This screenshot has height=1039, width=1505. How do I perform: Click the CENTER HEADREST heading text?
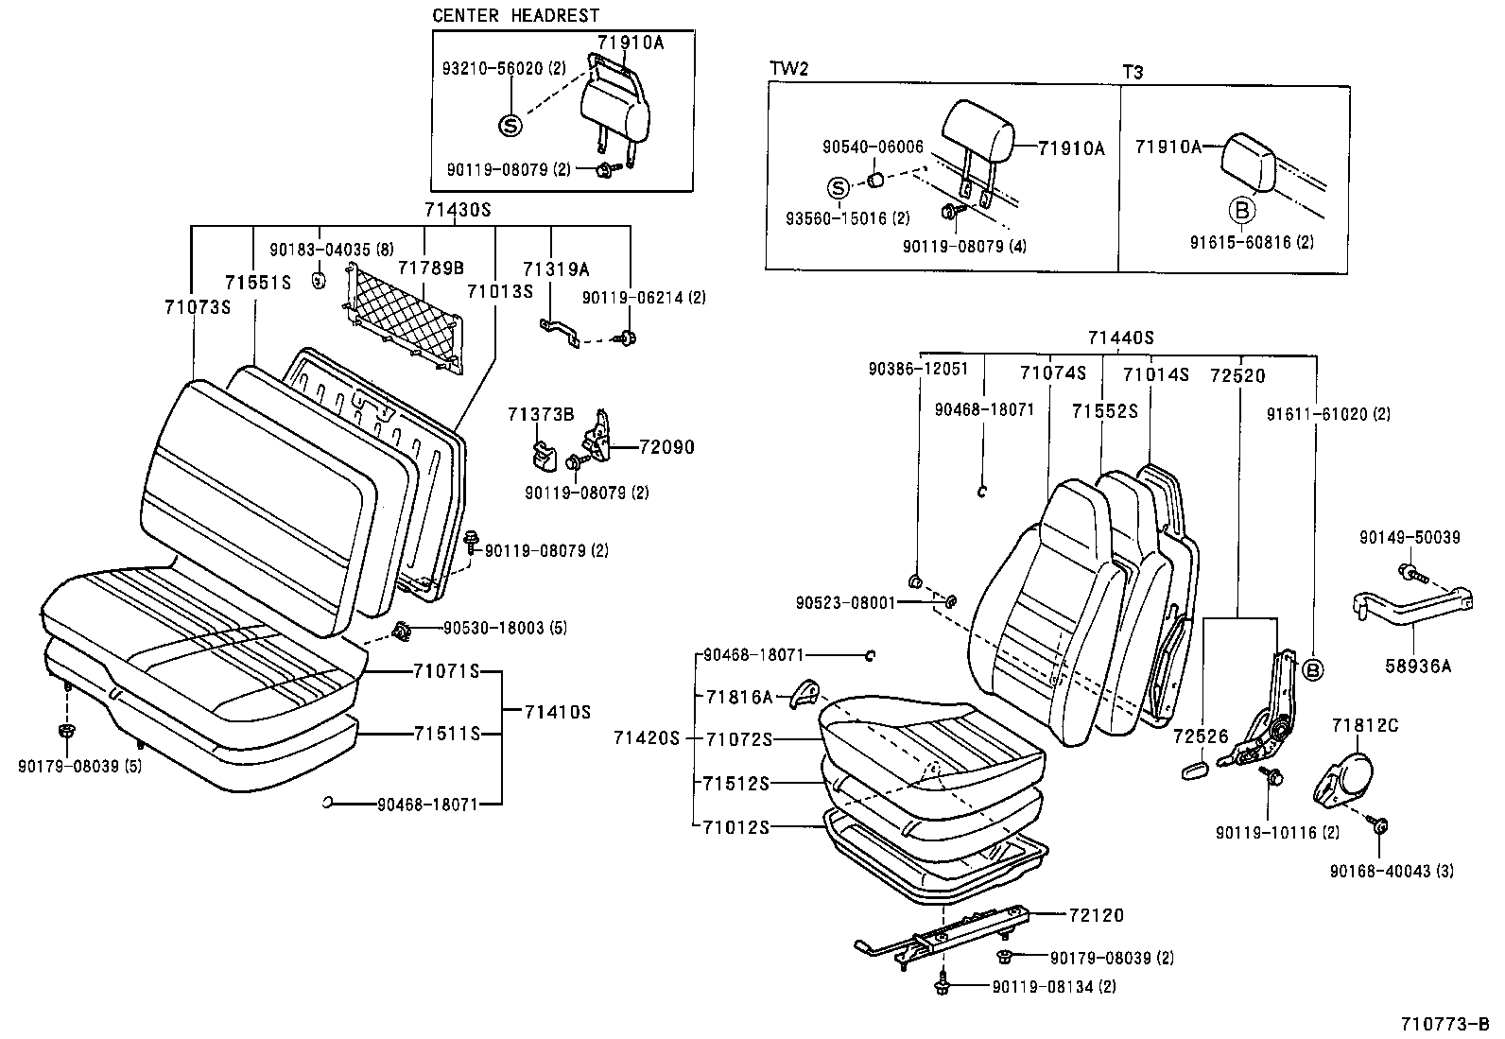(515, 15)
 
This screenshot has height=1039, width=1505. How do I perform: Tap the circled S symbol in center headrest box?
(510, 125)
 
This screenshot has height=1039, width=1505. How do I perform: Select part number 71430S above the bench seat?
(458, 210)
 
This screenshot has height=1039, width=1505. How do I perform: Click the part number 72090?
(666, 446)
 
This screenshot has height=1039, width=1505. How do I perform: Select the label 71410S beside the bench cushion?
(558, 712)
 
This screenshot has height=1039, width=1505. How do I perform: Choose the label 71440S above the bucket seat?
(1120, 338)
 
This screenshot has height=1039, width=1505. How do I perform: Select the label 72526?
(1201, 736)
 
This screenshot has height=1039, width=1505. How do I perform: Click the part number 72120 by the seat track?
(1097, 915)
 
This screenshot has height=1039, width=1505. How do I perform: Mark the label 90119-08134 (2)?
(1054, 987)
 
